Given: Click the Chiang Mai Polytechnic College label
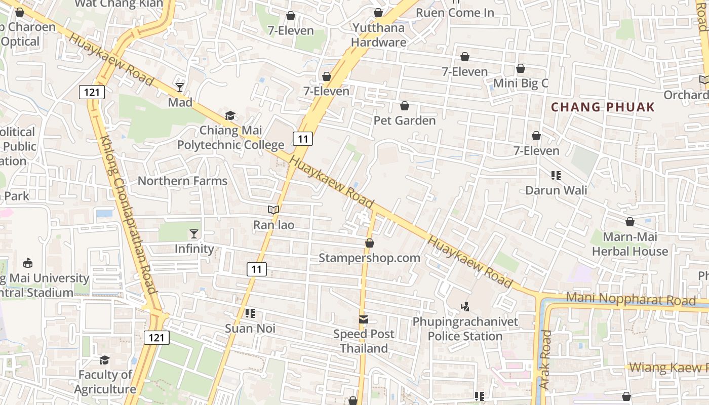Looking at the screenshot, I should [x=230, y=138].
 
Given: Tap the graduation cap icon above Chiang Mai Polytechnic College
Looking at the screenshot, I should [x=230, y=116].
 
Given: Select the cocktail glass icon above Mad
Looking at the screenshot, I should [x=180, y=88].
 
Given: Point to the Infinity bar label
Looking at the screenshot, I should [x=194, y=249].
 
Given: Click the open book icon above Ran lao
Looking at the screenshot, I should [x=273, y=210].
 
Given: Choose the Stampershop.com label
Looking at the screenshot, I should [x=369, y=258].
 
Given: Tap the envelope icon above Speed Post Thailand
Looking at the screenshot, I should [x=364, y=319].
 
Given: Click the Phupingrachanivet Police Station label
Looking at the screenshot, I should [x=465, y=329].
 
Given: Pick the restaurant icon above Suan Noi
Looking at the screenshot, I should [x=250, y=313].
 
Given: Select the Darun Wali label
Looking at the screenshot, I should [x=556, y=190].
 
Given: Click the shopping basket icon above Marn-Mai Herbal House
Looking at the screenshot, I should [x=630, y=222].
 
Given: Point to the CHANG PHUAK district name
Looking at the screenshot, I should [x=603, y=107].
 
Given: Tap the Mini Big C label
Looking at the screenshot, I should [x=521, y=83].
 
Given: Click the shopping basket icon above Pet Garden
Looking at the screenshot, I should [x=405, y=106].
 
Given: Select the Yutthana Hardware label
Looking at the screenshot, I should [x=379, y=35].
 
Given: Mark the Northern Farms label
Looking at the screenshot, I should [x=182, y=181].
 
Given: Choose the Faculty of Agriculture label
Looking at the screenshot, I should [x=105, y=382].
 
